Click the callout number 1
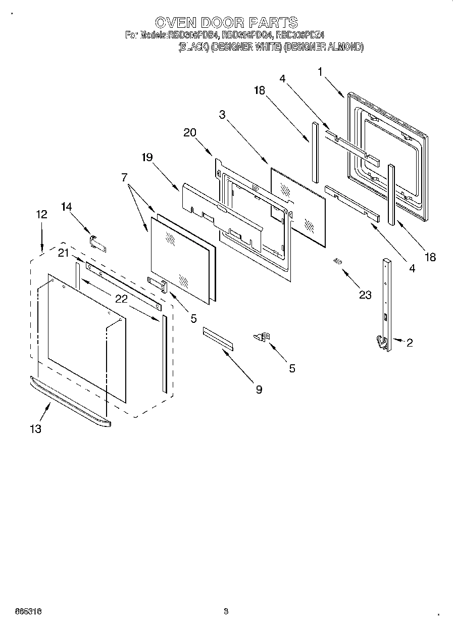point(320,72)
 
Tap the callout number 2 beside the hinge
point(409,343)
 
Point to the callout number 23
point(365,295)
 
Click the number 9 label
point(259,390)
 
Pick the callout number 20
point(190,132)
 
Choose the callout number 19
point(146,158)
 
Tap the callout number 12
point(41,214)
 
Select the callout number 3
point(222,115)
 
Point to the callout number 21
point(63,253)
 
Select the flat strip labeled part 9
point(218,338)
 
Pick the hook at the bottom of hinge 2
point(380,342)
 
